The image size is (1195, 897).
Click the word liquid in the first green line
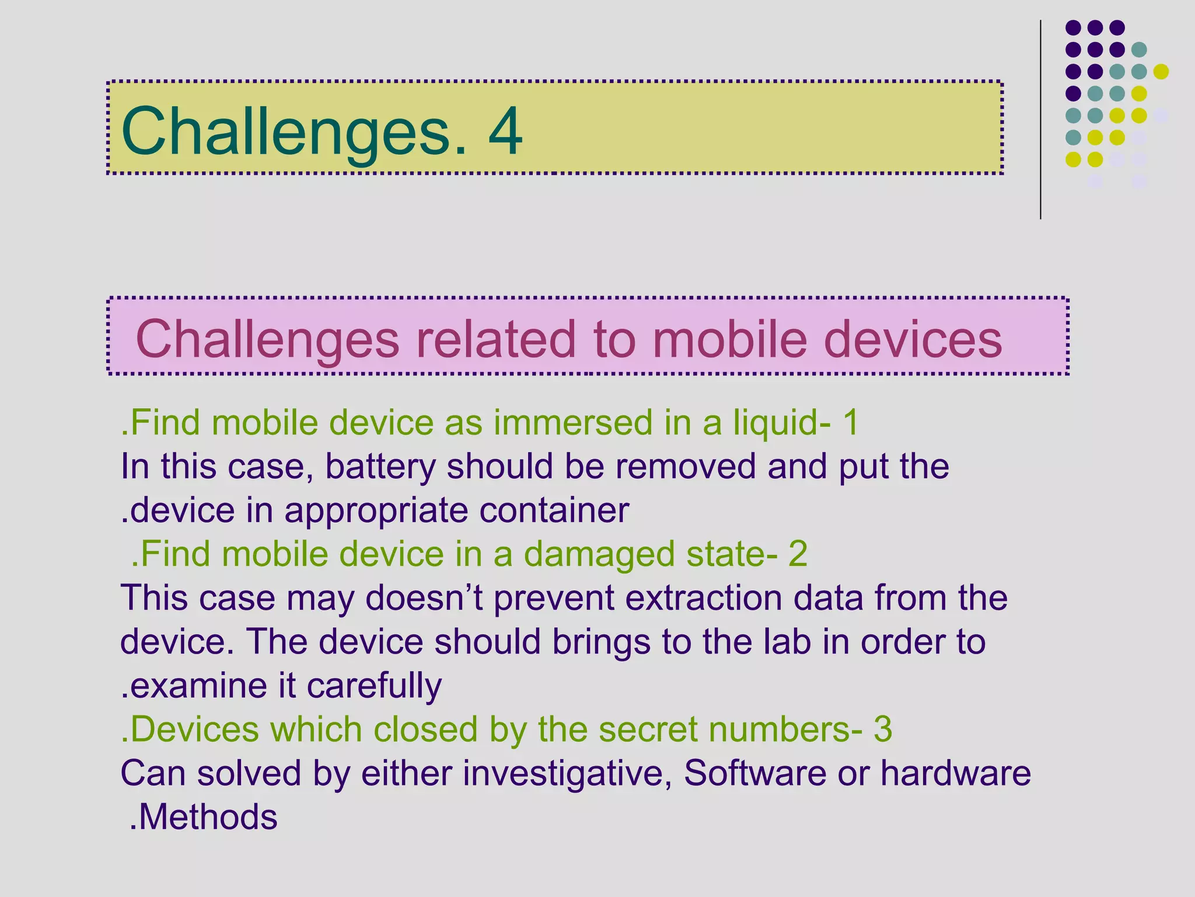tap(775, 423)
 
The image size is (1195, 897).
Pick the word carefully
tap(374, 686)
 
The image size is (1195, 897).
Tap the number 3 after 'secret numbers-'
tap(883, 729)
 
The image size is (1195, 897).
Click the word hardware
tap(955, 774)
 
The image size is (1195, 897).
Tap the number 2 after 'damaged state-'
tap(798, 555)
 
